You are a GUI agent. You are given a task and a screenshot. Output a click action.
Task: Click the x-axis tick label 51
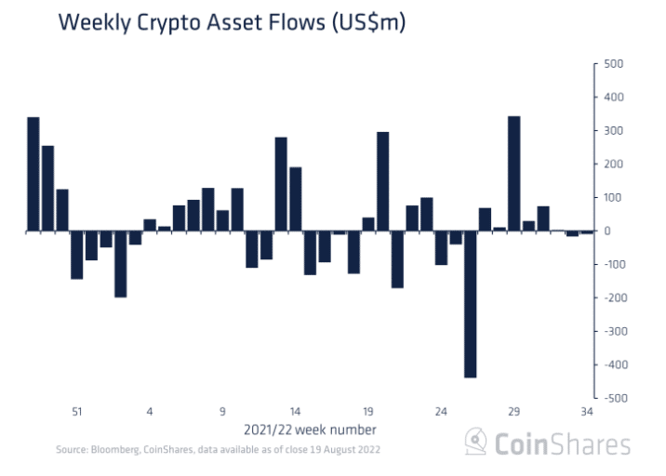point(77,411)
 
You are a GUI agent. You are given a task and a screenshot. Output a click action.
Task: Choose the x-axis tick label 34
point(587,411)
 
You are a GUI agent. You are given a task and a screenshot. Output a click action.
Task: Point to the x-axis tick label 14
point(295,411)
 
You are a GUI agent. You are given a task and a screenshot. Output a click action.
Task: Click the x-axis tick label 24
point(441,411)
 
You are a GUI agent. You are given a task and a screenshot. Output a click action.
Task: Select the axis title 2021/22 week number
point(311,430)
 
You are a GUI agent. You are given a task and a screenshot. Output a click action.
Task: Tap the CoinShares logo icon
point(476,442)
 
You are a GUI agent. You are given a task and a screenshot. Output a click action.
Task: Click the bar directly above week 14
point(295,199)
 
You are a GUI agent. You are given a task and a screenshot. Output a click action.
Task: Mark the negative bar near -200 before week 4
point(121,264)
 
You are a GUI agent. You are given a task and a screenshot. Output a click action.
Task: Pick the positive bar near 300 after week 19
point(382,181)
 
